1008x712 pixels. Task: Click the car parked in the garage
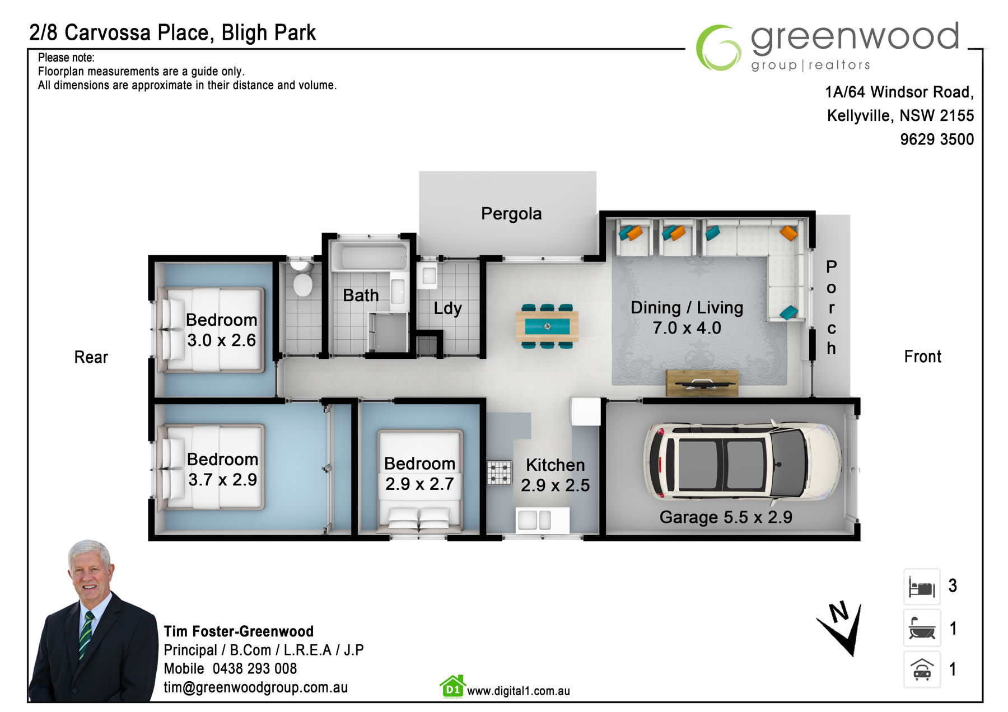click(x=742, y=461)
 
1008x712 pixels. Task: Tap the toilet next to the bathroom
click(x=302, y=277)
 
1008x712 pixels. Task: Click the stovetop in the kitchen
click(x=499, y=472)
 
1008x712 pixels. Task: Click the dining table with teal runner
click(x=547, y=326)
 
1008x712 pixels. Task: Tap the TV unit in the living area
click(x=702, y=383)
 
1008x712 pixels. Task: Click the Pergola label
click(x=511, y=214)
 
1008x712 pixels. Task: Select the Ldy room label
click(x=447, y=308)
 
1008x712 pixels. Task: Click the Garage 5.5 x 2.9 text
click(x=726, y=517)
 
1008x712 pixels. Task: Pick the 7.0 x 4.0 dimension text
click(x=687, y=328)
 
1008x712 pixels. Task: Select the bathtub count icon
click(x=922, y=628)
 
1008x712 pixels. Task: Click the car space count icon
click(x=922, y=669)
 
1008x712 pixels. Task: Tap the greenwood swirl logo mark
click(x=718, y=48)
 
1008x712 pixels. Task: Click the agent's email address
click(x=255, y=687)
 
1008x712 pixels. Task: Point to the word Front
click(x=922, y=357)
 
